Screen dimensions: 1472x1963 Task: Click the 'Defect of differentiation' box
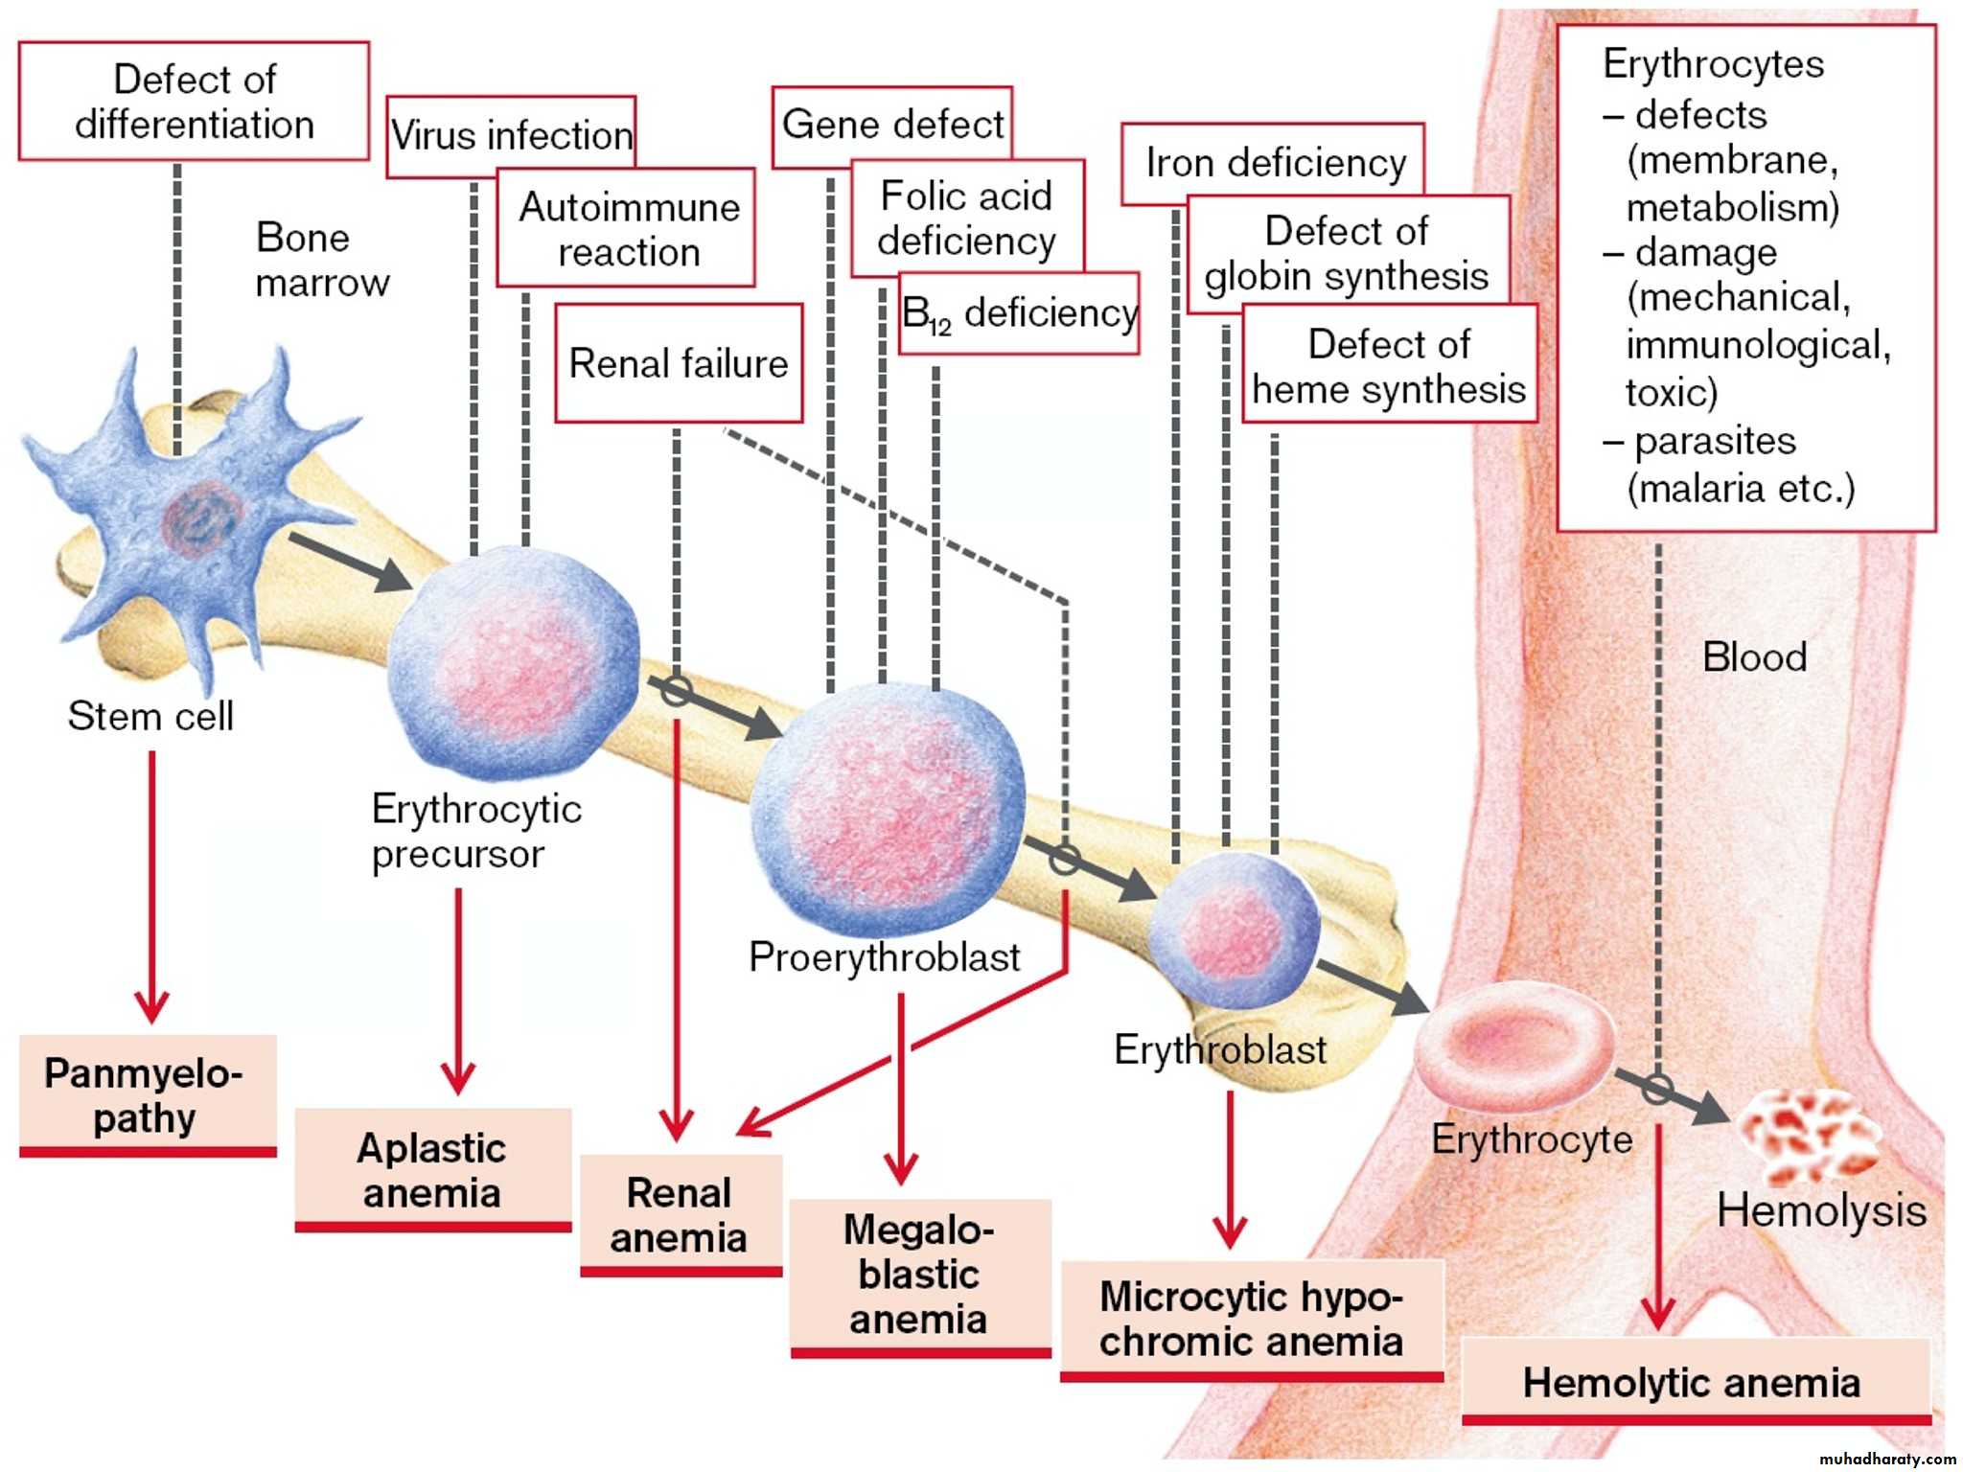click(x=194, y=101)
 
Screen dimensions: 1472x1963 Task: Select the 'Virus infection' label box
click(x=510, y=135)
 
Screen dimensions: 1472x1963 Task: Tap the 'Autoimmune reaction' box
click(x=628, y=229)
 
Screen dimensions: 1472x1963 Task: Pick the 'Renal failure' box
click(x=679, y=363)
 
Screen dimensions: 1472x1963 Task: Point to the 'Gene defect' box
click(x=892, y=125)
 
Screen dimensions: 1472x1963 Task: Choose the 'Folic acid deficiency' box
click(x=966, y=218)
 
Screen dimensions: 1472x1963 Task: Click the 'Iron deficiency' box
click(x=1275, y=163)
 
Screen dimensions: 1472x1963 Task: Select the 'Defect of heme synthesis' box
click(x=1389, y=366)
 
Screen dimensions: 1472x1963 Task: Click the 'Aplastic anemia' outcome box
click(x=432, y=1170)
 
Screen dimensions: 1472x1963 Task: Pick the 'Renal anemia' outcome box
click(x=680, y=1214)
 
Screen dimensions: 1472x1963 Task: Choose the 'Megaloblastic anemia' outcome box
click(x=919, y=1275)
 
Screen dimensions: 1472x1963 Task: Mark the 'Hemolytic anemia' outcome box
click(x=1692, y=1382)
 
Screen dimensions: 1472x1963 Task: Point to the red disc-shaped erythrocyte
click(x=1515, y=1041)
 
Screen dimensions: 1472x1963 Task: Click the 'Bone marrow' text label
click(x=321, y=260)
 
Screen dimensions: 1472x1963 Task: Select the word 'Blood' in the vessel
click(x=1754, y=657)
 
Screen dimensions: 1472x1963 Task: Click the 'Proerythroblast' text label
click(x=884, y=956)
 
